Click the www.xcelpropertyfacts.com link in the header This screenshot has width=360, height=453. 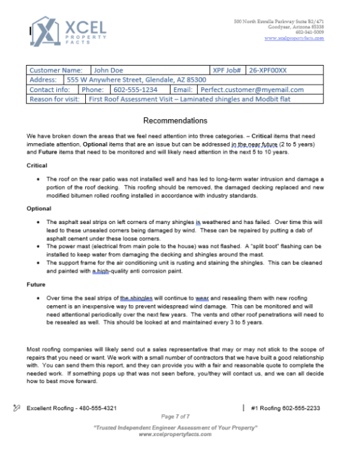(x=294, y=38)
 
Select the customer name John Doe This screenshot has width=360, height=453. (x=109, y=71)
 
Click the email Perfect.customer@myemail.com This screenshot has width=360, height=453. (x=248, y=90)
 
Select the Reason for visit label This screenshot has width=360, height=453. (x=54, y=99)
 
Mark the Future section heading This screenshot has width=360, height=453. (x=36, y=285)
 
